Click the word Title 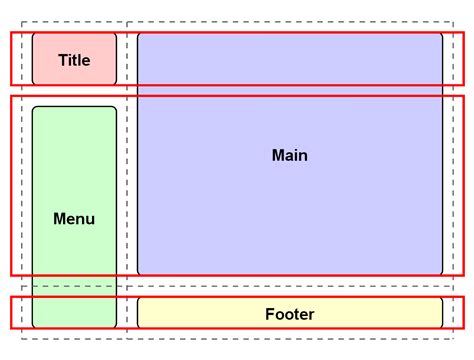pyautogui.click(x=74, y=60)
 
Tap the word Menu pyautogui.click(x=74, y=218)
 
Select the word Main pyautogui.click(x=290, y=155)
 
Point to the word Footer pyautogui.click(x=290, y=314)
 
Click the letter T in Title pyautogui.click(x=62, y=60)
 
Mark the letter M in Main pyautogui.click(x=278, y=155)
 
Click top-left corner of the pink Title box pyautogui.click(x=33, y=34)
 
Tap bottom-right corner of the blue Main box pyautogui.click(x=442, y=274)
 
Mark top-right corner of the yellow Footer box pyautogui.click(x=442, y=298)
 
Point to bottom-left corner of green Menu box pyautogui.click(x=33, y=327)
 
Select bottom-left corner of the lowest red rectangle pyautogui.click(x=11, y=327)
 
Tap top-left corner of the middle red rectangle pyautogui.click(x=11, y=96)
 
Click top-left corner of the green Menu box pyautogui.click(x=33, y=107)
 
